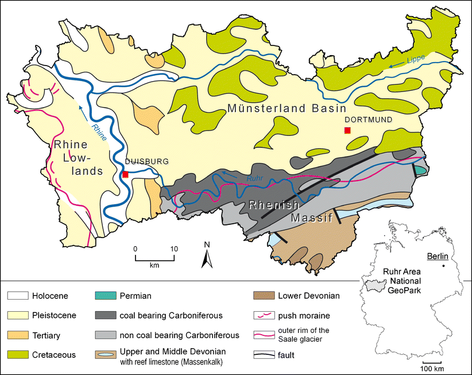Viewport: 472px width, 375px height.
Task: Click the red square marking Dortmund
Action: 347,131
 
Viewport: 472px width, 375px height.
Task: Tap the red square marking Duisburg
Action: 125,174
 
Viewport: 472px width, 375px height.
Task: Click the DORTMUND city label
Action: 367,120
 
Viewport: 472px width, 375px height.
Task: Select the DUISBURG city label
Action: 146,162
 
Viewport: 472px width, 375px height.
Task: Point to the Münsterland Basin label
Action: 287,108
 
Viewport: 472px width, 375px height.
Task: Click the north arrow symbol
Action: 207,255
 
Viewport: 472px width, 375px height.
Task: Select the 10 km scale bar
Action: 154,257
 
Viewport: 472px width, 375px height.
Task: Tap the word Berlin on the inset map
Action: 432,257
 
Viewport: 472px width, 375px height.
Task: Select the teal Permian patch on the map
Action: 421,171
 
